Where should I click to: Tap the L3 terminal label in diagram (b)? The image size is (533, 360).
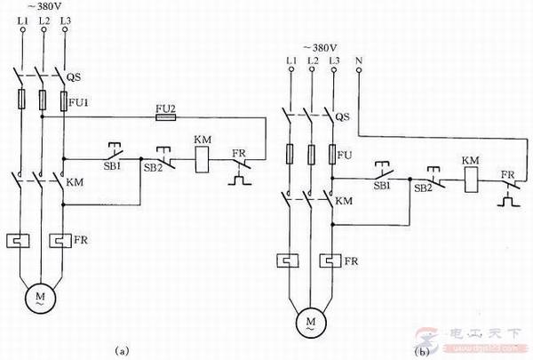(x=333, y=60)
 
